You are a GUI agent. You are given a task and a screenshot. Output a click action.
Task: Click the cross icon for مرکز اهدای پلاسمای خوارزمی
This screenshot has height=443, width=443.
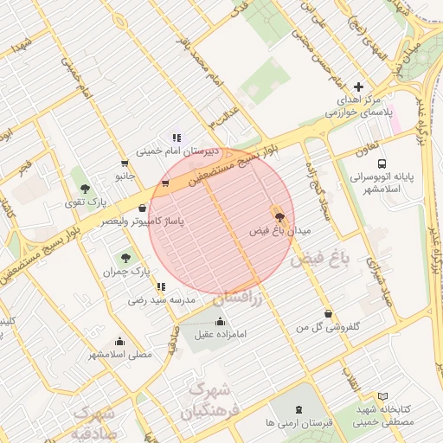coord(358,87)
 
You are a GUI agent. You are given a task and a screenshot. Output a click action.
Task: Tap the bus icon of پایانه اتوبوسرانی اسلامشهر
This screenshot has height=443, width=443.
coord(382,164)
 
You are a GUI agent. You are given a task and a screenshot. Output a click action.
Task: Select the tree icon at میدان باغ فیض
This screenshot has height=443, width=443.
coord(279,213)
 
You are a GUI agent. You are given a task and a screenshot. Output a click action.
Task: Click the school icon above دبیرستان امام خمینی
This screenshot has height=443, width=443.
coord(177,137)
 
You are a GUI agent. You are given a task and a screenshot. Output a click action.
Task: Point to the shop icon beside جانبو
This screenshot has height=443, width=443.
coord(125,163)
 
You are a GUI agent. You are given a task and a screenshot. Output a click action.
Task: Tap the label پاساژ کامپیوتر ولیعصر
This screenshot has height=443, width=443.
coord(144,222)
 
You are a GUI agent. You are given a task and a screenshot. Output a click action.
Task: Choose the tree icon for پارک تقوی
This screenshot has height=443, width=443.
coord(84,189)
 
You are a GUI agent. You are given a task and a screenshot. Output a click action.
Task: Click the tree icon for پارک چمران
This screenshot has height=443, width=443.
coord(125,257)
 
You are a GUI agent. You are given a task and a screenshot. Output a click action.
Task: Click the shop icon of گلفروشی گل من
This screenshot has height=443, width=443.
coord(327,314)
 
